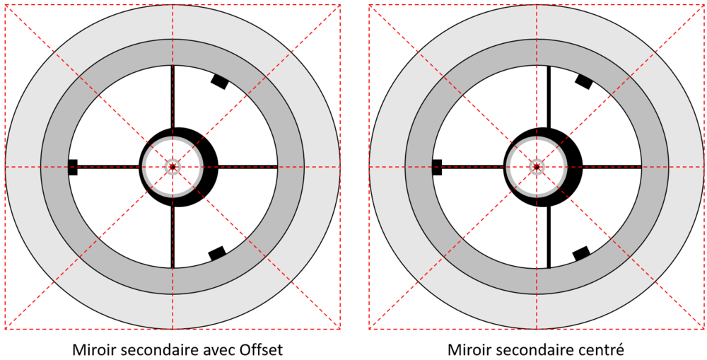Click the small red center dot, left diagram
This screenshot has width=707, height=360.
tap(173, 167)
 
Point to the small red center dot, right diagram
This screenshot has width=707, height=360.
tap(536, 167)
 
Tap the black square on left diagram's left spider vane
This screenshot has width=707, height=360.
tap(73, 167)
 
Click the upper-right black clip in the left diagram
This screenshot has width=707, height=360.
tap(220, 81)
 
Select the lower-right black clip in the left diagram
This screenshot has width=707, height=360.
tap(217, 253)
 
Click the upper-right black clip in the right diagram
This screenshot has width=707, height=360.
tap(583, 81)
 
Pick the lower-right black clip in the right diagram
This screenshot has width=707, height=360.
tap(581, 253)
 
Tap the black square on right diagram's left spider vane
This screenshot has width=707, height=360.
tap(436, 167)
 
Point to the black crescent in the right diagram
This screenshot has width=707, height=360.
tap(573, 167)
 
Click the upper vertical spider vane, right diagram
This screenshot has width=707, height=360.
tap(549, 97)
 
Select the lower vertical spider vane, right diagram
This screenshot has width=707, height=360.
tap(549, 237)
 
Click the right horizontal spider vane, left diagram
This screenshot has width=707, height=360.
tap(247, 167)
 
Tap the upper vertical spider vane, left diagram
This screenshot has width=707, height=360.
tap(173, 96)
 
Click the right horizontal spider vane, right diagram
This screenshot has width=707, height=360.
tap(612, 167)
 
